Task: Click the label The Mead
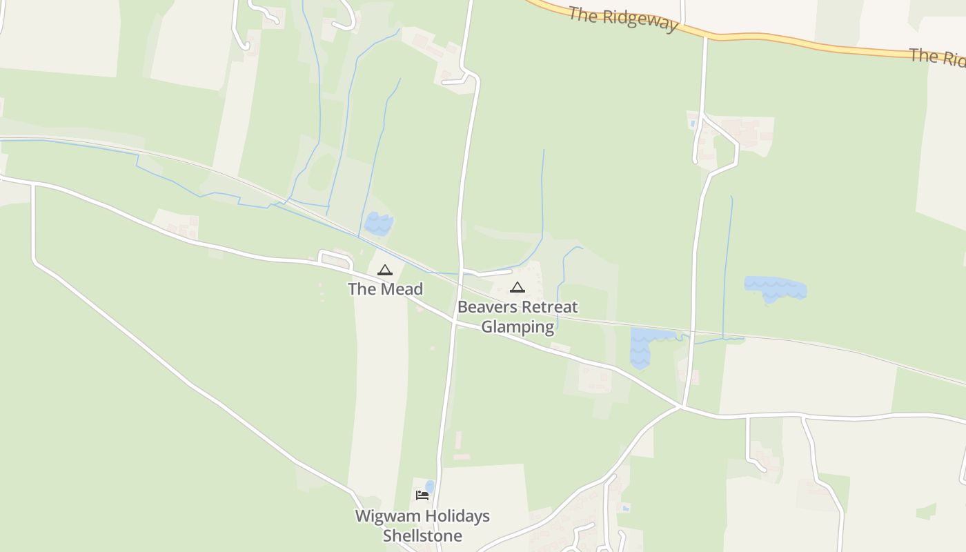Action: click(x=385, y=289)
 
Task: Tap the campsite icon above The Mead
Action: click(x=385, y=270)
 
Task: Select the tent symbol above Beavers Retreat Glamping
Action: click(x=517, y=287)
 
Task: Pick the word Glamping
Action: click(x=517, y=326)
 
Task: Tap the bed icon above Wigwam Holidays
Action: click(x=422, y=495)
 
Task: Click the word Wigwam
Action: click(x=383, y=516)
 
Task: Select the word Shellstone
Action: click(x=422, y=535)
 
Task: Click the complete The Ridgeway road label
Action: click(x=623, y=18)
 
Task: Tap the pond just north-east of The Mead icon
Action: click(x=378, y=223)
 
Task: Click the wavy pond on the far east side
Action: click(x=776, y=287)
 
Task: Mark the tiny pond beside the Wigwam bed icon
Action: click(x=430, y=486)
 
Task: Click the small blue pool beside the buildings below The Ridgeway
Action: click(x=692, y=124)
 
